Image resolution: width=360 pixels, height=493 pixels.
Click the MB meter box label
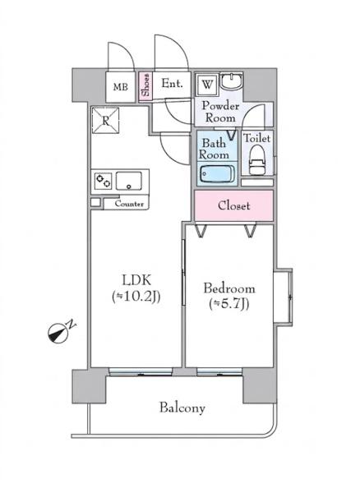121,87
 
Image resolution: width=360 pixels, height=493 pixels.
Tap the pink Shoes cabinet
145,86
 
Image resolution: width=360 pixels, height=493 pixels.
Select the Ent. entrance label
172,83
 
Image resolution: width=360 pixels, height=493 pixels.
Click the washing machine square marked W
207,85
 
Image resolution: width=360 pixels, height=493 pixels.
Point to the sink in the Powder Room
231,81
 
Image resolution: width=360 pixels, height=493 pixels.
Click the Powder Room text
220,112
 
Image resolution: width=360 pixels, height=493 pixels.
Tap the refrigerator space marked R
106,121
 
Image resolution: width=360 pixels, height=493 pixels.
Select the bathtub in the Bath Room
217,174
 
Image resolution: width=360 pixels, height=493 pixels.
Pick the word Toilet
257,138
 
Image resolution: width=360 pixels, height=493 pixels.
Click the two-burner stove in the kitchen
103,181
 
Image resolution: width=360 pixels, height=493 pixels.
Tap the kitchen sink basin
128,181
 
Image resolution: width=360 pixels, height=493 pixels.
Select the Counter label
129,204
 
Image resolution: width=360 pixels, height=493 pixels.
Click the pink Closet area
234,205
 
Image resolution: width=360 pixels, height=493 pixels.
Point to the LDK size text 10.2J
136,297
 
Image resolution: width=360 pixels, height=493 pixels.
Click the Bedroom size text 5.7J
229,304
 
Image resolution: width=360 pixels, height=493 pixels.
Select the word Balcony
182,408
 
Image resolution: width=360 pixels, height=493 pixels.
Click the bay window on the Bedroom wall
284,296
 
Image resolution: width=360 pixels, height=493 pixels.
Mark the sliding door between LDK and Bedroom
184,272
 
